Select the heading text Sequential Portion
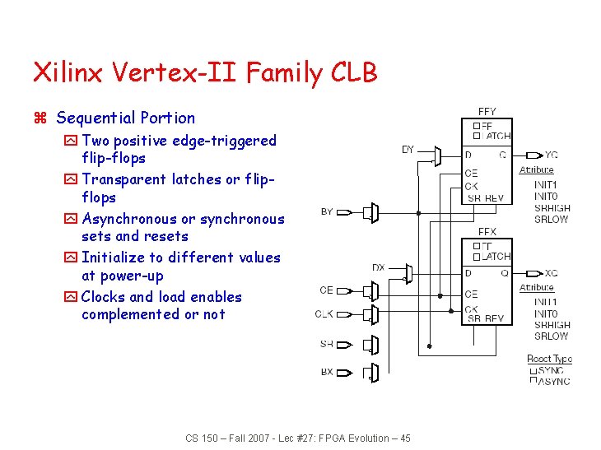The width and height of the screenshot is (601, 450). pyautogui.click(x=126, y=118)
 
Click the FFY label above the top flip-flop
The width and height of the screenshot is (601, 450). pyautogui.click(x=487, y=112)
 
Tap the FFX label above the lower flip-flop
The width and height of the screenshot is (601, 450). pyautogui.click(x=487, y=233)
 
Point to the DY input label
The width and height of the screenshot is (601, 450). pyautogui.click(x=408, y=150)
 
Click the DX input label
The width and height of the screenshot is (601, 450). pyautogui.click(x=379, y=267)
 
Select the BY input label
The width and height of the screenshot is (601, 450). pyautogui.click(x=327, y=211)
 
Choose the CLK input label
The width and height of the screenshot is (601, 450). pyautogui.click(x=324, y=313)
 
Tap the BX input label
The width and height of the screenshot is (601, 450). pyautogui.click(x=327, y=372)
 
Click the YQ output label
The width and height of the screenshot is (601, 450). pyautogui.click(x=551, y=155)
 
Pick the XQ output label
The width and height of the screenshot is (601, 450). pyautogui.click(x=551, y=273)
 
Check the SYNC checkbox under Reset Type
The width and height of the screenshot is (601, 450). pyautogui.click(x=533, y=370)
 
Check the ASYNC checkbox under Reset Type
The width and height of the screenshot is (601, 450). pyautogui.click(x=533, y=381)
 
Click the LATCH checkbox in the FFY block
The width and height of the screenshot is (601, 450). pyautogui.click(x=477, y=136)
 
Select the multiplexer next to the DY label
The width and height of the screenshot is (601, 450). pyautogui.click(x=437, y=155)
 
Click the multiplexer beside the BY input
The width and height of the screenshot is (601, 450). pyautogui.click(x=373, y=213)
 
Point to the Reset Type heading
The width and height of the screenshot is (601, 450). pyautogui.click(x=549, y=359)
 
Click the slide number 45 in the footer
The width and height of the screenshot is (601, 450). pyautogui.click(x=404, y=438)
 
